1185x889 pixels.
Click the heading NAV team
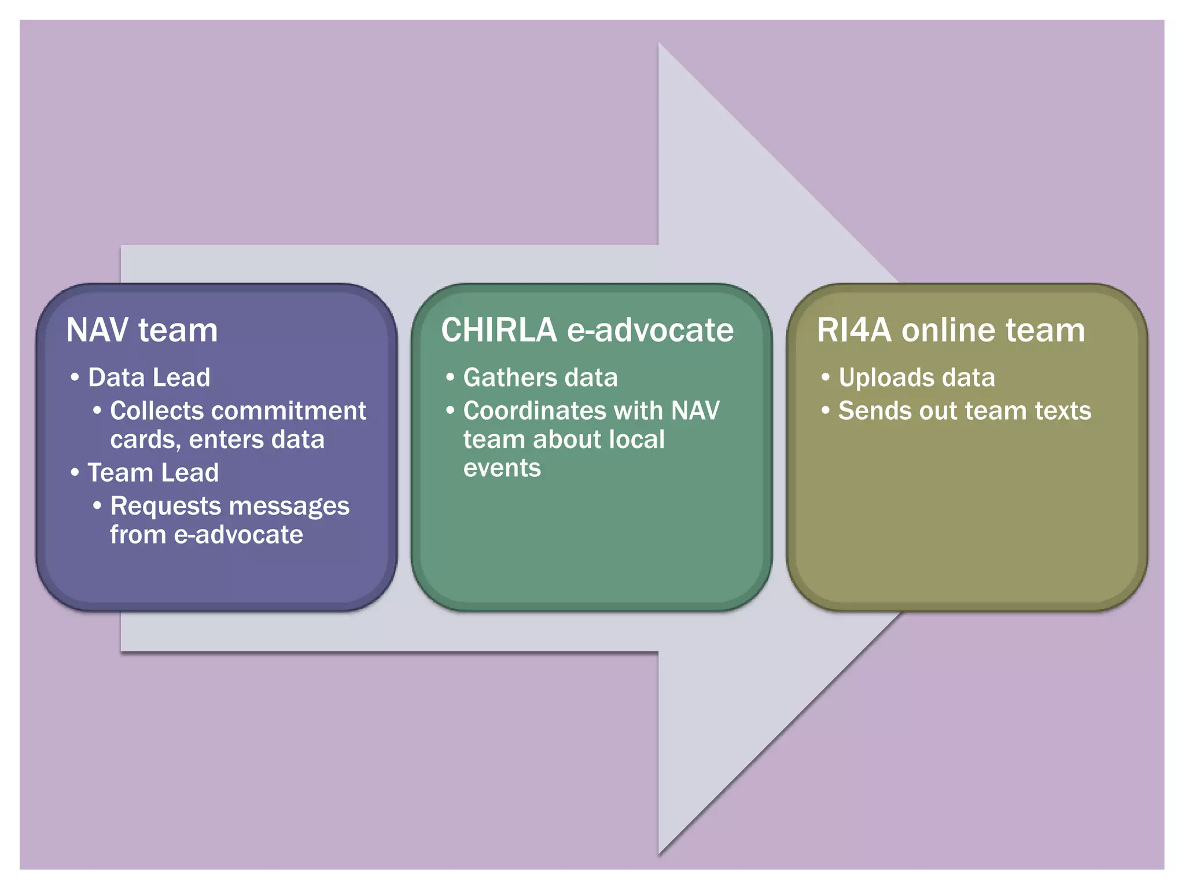click(142, 330)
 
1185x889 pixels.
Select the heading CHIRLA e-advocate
click(587, 330)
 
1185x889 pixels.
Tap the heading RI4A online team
click(950, 330)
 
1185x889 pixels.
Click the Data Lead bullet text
click(149, 377)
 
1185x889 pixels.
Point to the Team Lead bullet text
click(153, 473)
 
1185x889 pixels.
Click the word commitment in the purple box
click(288, 411)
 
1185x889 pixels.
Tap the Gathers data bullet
click(540, 377)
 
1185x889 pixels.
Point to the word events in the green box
click(502, 468)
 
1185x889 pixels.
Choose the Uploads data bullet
click(917, 377)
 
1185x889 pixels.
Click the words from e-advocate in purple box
click(206, 535)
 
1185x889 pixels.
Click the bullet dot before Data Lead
click(75, 377)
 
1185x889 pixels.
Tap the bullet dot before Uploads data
click(826, 377)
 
